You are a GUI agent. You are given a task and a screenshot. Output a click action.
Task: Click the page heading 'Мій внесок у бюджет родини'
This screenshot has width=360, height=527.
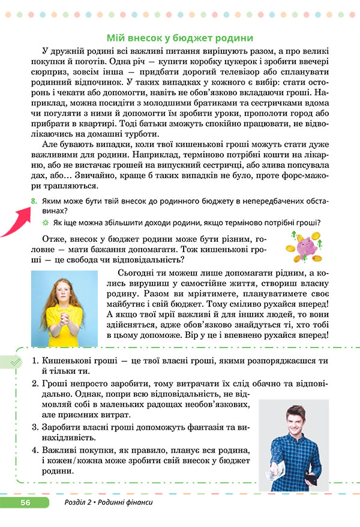179,37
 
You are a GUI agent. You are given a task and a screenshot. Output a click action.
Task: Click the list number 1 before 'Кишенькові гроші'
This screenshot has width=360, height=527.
35,361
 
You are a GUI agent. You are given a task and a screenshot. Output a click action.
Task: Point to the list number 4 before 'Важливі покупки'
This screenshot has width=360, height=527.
35,450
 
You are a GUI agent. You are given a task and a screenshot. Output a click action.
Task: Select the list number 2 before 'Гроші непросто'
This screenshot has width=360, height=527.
35,383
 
